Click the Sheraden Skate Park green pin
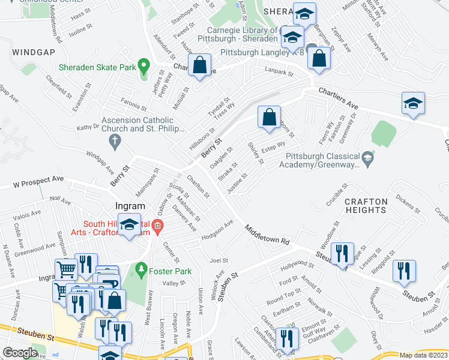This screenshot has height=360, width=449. click(x=143, y=65)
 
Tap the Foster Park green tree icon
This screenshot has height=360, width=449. click(x=142, y=269)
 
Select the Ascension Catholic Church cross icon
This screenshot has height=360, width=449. click(x=115, y=142)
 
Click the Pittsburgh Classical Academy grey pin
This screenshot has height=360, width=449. click(x=369, y=158)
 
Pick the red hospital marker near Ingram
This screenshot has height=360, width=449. click(x=157, y=227)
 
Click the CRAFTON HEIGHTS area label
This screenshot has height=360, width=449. click(x=366, y=205)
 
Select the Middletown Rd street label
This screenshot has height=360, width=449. click(x=267, y=235)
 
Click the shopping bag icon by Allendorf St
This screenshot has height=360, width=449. click(x=199, y=66)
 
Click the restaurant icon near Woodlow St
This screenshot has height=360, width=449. click(x=342, y=254)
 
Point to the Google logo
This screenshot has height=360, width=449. click(x=20, y=352)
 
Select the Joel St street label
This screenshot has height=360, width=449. click(x=219, y=260)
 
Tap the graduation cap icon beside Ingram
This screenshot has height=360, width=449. click(x=130, y=225)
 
